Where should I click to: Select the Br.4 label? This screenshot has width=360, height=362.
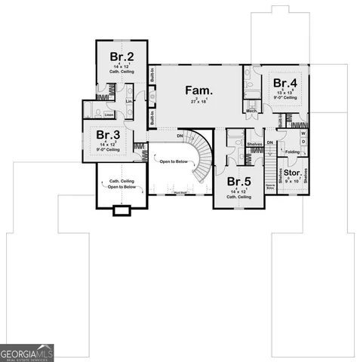point(285,83)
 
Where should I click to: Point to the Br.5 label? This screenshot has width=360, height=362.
point(239,182)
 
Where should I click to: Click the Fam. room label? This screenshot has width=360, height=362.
point(196,90)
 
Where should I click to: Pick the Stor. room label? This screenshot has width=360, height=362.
point(292,173)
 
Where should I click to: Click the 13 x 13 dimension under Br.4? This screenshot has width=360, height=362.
point(285,93)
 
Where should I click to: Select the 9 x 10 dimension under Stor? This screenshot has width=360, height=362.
point(292,182)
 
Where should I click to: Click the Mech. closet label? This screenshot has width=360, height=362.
point(251,112)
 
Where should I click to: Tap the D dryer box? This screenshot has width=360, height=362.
point(304,143)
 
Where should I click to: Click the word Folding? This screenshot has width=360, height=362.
point(292,152)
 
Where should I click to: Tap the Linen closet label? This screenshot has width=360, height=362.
point(109,115)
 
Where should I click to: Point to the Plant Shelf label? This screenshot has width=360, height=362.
point(180,193)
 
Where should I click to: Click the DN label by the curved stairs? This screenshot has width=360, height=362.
point(180,136)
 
